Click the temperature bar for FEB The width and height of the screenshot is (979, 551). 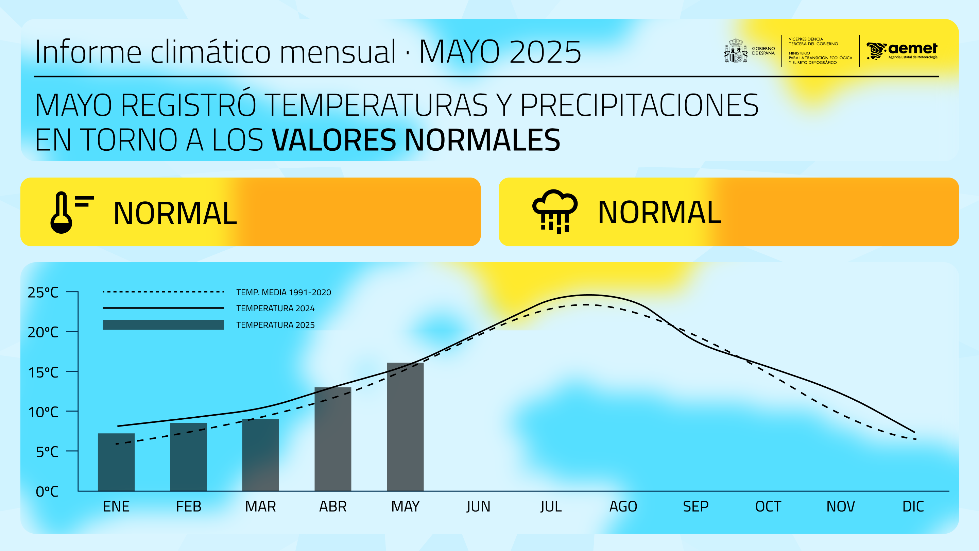click(189, 457)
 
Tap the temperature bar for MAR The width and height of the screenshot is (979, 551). click(260, 455)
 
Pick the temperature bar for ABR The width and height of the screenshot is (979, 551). click(333, 439)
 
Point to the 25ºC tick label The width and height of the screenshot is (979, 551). click(43, 293)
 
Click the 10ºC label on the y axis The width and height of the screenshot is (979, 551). click(43, 412)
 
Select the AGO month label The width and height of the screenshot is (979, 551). click(623, 506)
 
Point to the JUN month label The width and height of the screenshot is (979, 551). click(479, 506)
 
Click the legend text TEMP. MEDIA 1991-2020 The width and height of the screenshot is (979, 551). click(284, 293)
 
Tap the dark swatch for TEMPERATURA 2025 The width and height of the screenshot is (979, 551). click(163, 325)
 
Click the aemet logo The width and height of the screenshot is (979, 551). click(901, 51)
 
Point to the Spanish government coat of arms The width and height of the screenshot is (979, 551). click(735, 51)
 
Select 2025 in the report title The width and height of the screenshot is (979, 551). click(545, 52)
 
